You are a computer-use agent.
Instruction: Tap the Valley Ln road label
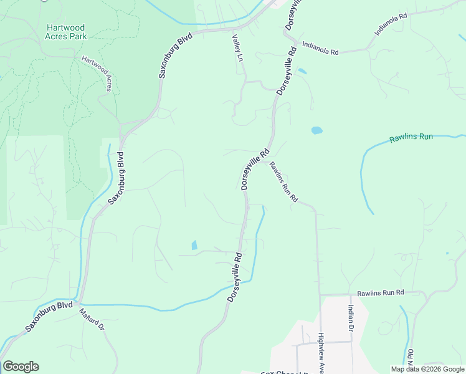point(237,48)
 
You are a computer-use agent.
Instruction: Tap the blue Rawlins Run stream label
point(411,138)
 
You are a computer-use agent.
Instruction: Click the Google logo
point(21,367)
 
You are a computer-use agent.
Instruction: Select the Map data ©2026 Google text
point(427,369)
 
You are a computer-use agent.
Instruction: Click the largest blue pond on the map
point(316,131)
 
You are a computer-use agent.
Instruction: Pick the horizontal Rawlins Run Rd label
point(381,292)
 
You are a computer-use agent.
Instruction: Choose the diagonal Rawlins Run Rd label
point(283,183)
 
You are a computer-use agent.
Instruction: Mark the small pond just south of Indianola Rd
point(302,71)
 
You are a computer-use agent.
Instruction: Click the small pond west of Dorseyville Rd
point(194,245)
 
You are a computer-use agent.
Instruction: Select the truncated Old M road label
point(410,360)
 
